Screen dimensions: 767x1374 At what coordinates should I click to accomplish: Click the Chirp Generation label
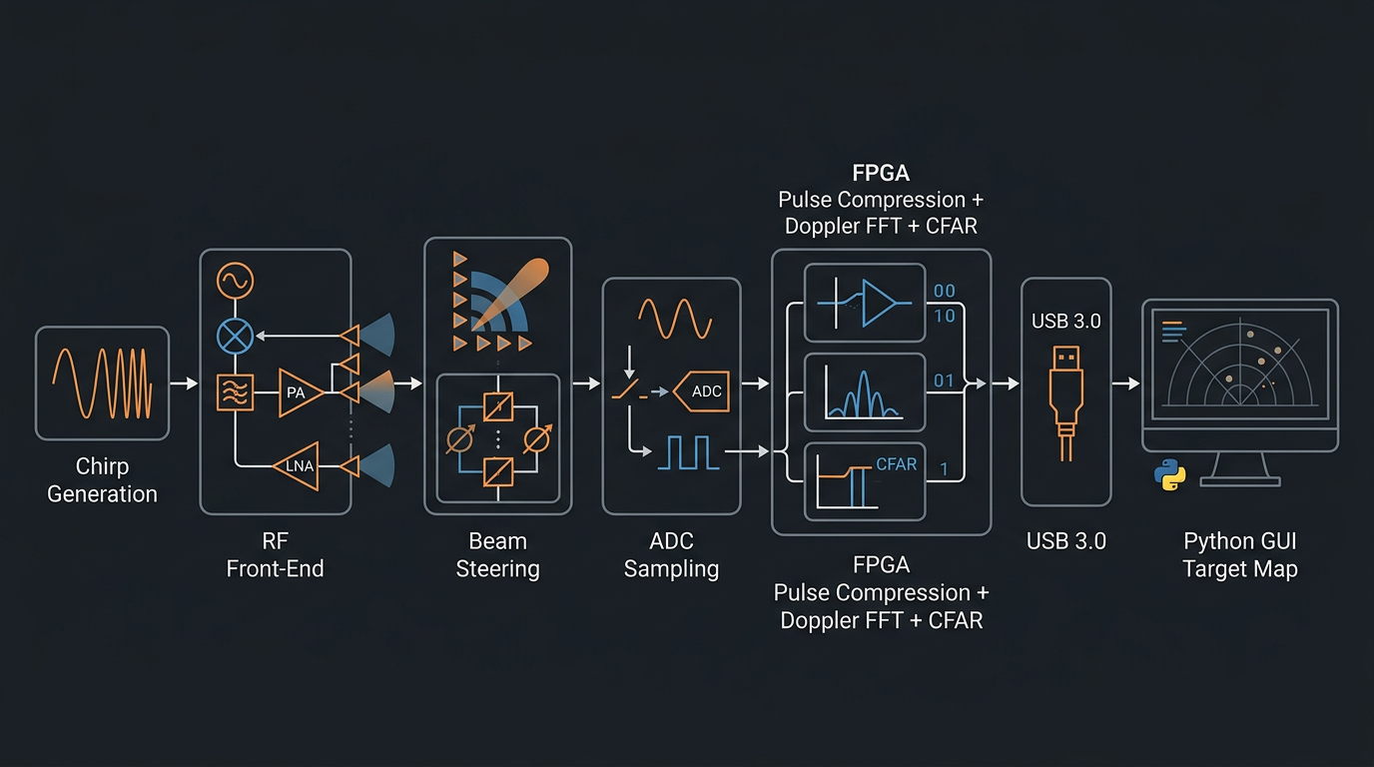point(102,479)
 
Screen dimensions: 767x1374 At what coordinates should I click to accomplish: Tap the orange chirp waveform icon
point(102,383)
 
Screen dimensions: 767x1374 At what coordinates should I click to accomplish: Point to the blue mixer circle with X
point(237,336)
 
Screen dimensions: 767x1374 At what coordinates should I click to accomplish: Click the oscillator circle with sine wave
point(237,281)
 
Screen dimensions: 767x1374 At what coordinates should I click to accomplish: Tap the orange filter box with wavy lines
point(236,392)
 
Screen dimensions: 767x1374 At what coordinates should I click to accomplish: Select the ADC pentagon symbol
point(703,391)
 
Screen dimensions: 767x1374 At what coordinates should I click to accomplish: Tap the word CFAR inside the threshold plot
point(896,464)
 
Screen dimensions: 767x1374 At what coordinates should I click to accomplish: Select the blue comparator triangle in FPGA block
point(879,303)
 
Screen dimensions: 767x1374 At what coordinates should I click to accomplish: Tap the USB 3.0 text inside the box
point(1066,321)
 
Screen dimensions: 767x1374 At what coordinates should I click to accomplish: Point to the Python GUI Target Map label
point(1239,555)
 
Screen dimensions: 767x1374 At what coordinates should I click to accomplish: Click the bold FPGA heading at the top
point(881,173)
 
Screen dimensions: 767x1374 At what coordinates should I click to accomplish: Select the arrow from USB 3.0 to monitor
point(1126,383)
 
